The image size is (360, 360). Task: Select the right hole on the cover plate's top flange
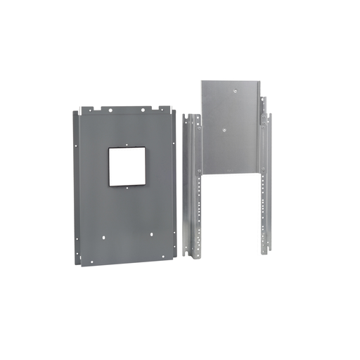point(143,109)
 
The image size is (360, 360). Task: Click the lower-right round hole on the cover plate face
point(150,236)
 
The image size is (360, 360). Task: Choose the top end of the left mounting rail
point(188,115)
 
